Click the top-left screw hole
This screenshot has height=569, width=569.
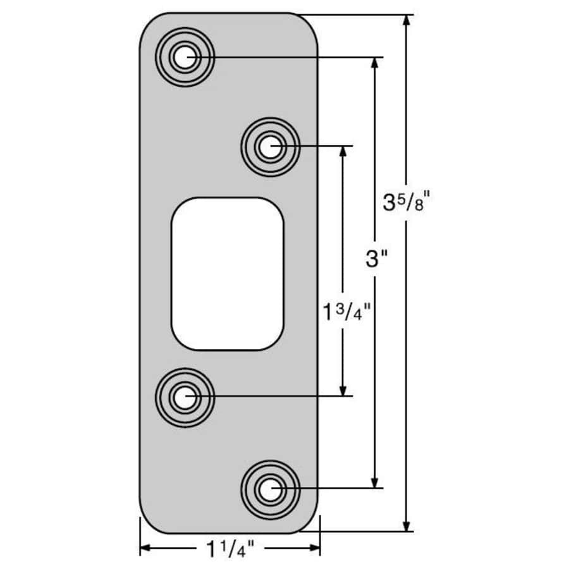point(184,58)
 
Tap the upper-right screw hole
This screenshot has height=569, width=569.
point(270,147)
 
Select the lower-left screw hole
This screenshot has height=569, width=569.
point(185,397)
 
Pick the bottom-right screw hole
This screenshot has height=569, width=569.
point(271,489)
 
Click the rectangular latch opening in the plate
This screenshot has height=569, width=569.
point(228,273)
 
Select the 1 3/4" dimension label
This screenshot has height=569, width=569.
point(343,311)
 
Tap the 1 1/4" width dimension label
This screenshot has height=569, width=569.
point(229,548)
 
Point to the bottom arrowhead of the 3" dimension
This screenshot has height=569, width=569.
point(377,481)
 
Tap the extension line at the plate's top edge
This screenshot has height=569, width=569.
point(354,15)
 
